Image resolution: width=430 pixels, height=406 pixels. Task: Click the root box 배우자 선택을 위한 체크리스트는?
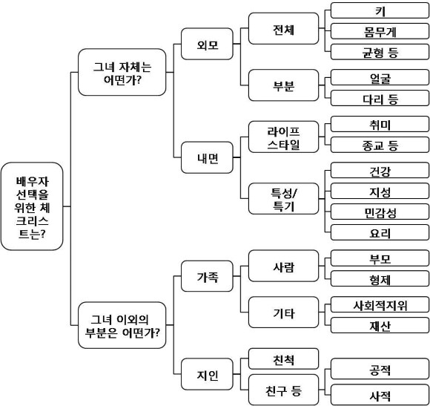point(32,206)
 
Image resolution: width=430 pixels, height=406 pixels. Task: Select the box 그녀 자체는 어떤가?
point(122,72)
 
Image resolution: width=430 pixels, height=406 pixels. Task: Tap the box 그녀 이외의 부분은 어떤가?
point(122,325)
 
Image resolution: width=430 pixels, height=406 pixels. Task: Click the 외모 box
point(207,44)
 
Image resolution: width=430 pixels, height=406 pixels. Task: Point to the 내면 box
point(207,157)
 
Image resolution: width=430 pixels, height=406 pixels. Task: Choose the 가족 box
point(207,276)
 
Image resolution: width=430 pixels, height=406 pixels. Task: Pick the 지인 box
point(207,374)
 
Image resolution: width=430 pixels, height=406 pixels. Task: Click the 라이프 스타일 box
point(283,137)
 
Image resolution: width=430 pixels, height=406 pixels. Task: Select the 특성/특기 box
point(283,198)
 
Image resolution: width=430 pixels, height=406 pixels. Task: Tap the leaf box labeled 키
point(380,10)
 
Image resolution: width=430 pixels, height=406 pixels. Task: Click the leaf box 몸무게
point(380,31)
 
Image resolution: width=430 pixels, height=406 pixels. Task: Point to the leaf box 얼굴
point(380,77)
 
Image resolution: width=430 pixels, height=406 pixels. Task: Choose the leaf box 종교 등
point(380,145)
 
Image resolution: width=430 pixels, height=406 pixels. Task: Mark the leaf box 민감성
point(380,212)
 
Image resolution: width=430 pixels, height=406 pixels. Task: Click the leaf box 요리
point(380,232)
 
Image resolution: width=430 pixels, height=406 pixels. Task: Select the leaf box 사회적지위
point(380,304)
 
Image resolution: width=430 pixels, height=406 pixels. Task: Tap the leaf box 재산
point(380,325)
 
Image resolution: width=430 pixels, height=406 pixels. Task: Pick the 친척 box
point(283,358)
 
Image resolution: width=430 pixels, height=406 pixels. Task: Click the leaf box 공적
point(380,369)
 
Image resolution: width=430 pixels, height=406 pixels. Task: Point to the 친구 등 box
point(283,390)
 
